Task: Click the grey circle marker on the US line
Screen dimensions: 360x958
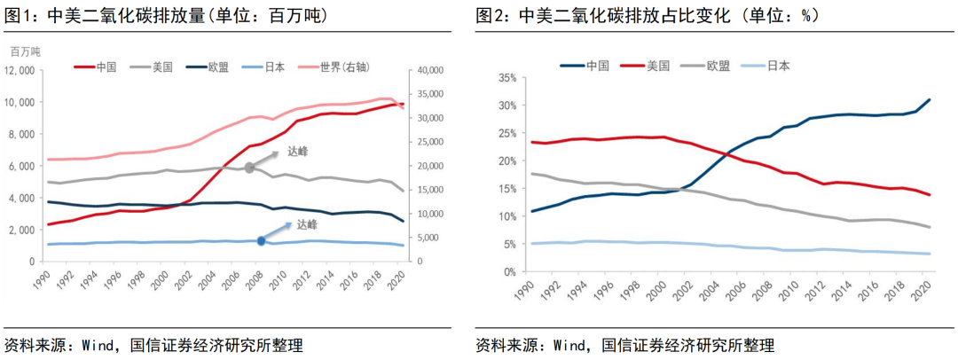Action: (250, 167)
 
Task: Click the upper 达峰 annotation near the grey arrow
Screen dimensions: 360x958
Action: (299, 151)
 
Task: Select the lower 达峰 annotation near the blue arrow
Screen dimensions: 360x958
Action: (308, 224)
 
